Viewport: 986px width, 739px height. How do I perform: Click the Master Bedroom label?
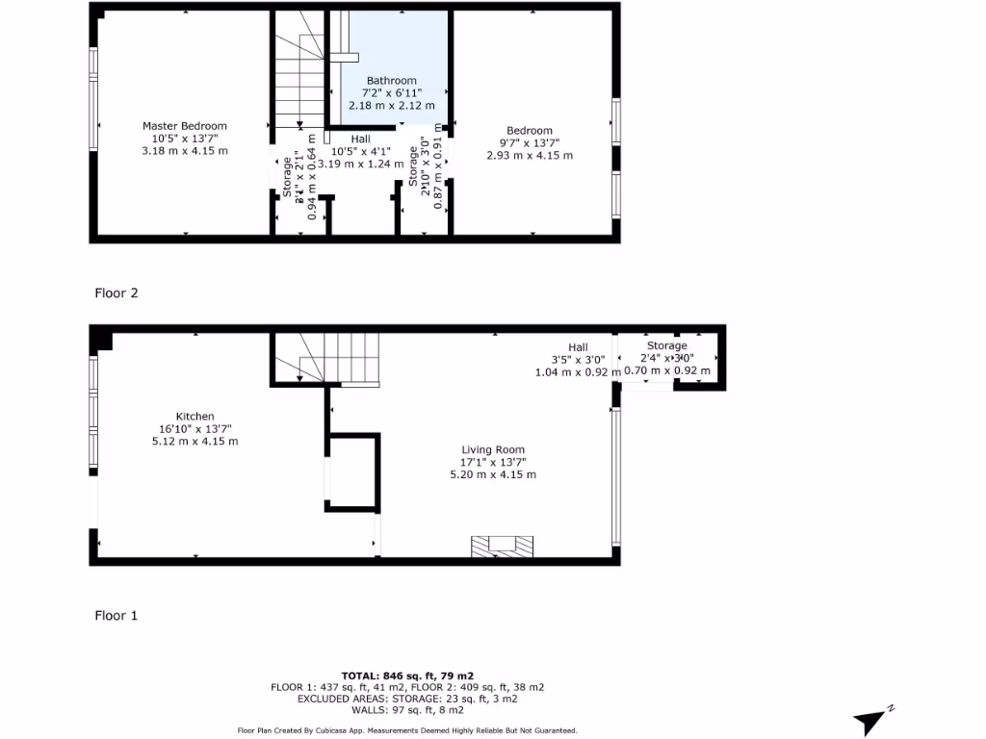pos(185,126)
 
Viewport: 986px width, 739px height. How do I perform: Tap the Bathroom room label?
pos(391,81)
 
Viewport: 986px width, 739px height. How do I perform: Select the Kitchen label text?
pos(195,417)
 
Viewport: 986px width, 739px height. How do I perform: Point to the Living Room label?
pos(493,449)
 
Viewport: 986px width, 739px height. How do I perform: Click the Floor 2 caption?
pos(117,293)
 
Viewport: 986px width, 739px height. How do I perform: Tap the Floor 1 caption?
pos(117,615)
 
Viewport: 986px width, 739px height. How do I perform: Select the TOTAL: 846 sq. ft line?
pos(407,675)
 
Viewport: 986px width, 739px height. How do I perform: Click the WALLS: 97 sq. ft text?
pos(407,710)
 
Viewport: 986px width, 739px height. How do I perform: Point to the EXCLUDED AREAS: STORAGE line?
pos(407,699)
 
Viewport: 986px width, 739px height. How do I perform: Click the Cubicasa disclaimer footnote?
pos(407,731)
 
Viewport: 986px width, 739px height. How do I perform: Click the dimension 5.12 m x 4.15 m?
pos(195,442)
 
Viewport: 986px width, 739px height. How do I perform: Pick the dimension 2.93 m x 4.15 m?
pos(530,156)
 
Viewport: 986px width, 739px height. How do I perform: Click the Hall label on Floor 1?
pos(578,347)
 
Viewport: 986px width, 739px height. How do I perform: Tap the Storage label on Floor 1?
pos(667,345)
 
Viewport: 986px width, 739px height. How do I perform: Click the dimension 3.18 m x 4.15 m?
pos(185,151)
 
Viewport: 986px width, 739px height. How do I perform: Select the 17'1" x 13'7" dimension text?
pos(493,462)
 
